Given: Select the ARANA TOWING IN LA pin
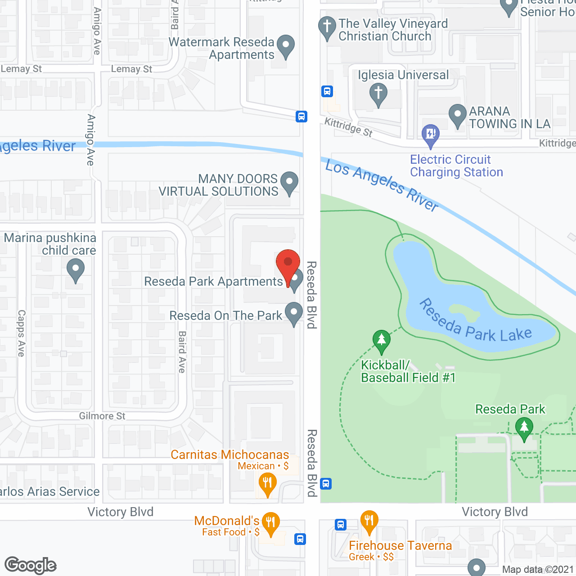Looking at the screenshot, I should tap(457, 115).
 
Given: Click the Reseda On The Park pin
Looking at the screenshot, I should tap(293, 313).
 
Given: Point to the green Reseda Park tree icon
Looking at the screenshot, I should tap(524, 428).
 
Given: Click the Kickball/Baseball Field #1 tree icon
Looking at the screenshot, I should tap(382, 341).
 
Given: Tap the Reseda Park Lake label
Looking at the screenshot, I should tap(475, 322).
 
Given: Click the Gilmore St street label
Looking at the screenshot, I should tap(102, 416).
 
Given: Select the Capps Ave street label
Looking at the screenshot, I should tap(21, 333).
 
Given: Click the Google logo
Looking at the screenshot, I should tap(31, 566).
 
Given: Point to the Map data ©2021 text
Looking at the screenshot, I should tap(538, 570).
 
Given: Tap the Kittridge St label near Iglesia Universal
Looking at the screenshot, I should tap(349, 126).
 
